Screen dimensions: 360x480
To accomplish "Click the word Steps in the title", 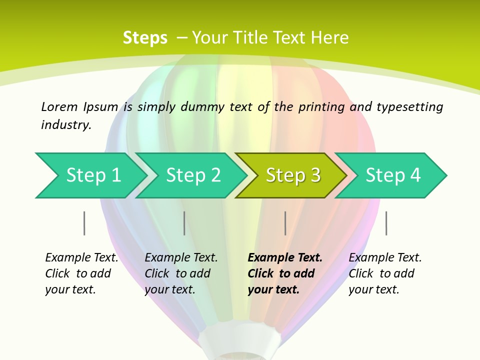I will [x=145, y=38].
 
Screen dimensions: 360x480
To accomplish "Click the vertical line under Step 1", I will [x=84, y=223].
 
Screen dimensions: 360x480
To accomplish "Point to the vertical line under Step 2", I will [x=184, y=223].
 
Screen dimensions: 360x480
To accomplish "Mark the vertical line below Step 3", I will [x=285, y=223].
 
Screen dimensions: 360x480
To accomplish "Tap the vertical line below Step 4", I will [x=386, y=223].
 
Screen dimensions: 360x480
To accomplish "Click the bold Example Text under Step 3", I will [x=285, y=258].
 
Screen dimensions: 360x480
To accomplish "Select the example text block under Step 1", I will [x=81, y=273].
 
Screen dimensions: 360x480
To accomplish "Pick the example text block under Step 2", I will [x=181, y=273].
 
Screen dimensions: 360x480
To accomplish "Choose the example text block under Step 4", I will [x=385, y=273].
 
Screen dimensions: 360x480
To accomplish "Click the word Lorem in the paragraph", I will [x=59, y=107].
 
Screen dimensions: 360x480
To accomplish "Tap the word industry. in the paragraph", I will [x=66, y=125].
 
